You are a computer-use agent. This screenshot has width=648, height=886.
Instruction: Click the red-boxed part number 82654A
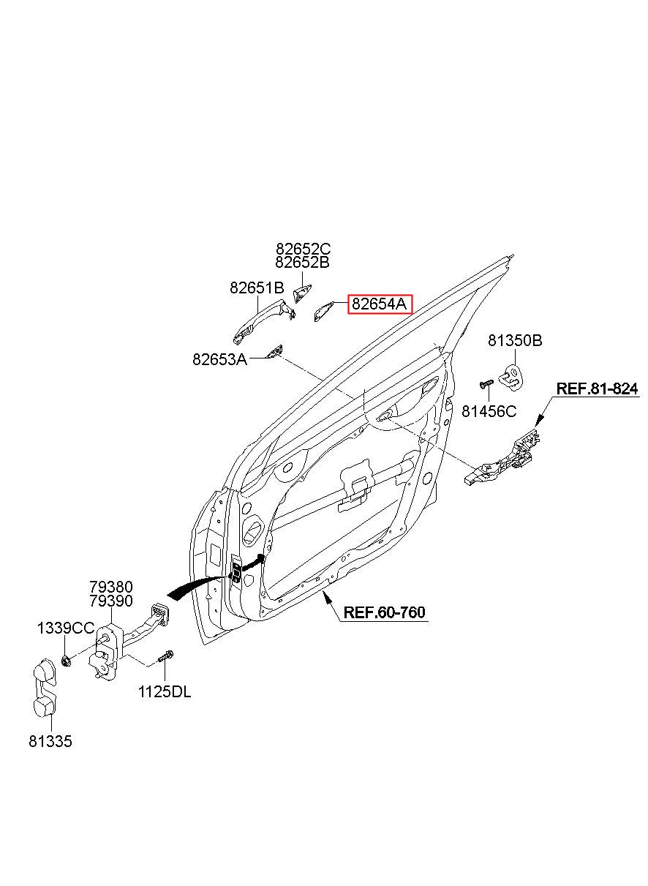pos(379,304)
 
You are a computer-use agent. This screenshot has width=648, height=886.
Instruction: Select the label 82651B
pos(257,288)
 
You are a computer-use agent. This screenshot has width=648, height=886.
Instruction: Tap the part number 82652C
pos(304,249)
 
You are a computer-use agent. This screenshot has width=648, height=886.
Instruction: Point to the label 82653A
pos(220,359)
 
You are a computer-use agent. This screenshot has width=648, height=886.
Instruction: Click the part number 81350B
pos(515,340)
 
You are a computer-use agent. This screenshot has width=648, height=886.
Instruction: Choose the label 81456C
pos(489,411)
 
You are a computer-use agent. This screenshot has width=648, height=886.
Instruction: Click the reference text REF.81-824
pos(597,388)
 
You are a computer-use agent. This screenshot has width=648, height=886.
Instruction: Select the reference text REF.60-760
pos(384,612)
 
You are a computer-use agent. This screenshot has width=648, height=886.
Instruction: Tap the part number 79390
pos(111,601)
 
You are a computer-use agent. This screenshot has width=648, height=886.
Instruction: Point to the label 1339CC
pos(66,628)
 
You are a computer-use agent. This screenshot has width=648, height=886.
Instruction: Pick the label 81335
pos(50,741)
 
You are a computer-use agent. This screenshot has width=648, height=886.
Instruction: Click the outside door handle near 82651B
pos(263,322)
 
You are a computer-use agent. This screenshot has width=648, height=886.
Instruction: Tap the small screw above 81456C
pos(486,383)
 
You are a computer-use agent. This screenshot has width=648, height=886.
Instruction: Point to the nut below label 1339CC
pos(66,660)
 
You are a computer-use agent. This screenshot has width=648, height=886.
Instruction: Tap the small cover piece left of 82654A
pos(323,311)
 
